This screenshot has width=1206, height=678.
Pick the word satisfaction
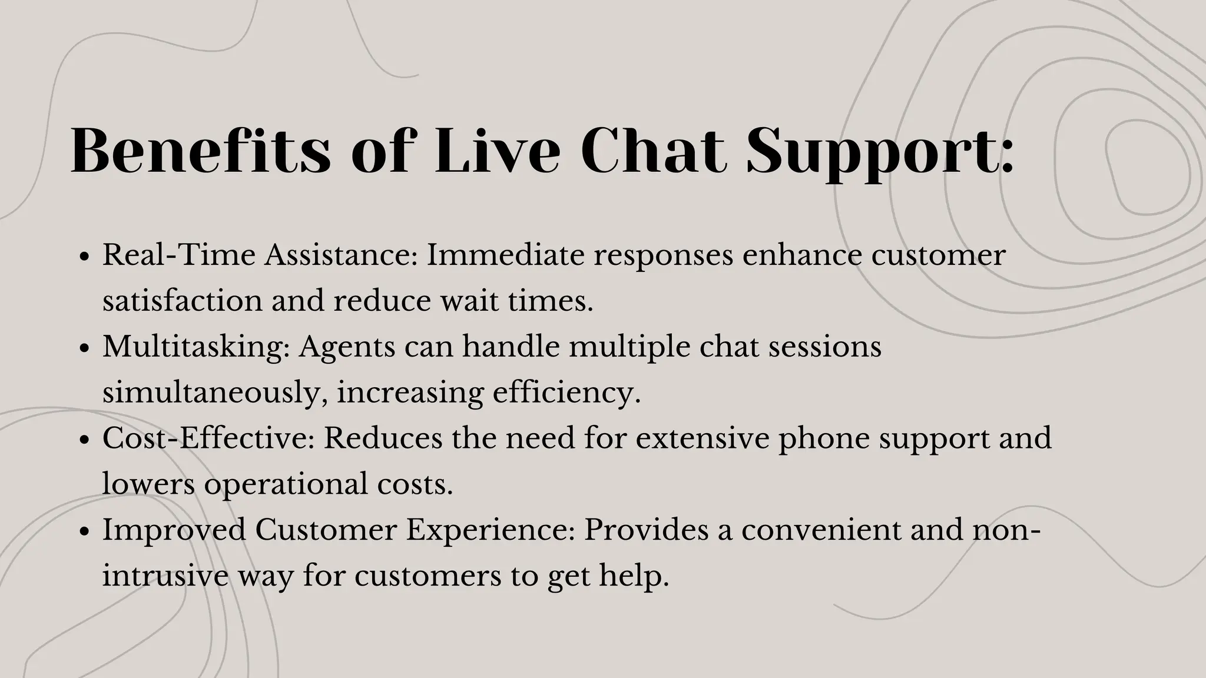[x=182, y=301]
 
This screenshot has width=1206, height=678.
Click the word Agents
[x=347, y=347]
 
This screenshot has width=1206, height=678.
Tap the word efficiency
[x=565, y=393]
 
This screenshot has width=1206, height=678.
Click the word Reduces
[x=383, y=438]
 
